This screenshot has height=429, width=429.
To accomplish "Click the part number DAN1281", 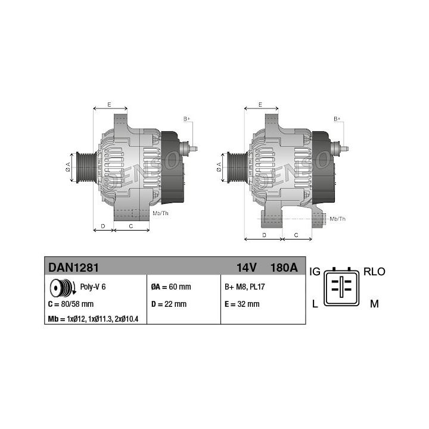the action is [x=73, y=268].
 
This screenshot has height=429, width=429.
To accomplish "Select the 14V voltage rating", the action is [x=247, y=268].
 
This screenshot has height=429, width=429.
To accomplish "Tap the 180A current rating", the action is [x=284, y=268].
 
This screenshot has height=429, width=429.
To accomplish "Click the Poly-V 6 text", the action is [x=93, y=287].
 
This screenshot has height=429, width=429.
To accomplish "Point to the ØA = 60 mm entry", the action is [x=171, y=287].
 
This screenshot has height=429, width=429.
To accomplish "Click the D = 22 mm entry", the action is [x=169, y=304].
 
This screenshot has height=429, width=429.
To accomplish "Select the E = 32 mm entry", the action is [x=242, y=304].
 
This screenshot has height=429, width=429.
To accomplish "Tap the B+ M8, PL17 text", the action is [x=245, y=287].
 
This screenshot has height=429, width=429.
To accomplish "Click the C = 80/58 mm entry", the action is [x=71, y=304].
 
